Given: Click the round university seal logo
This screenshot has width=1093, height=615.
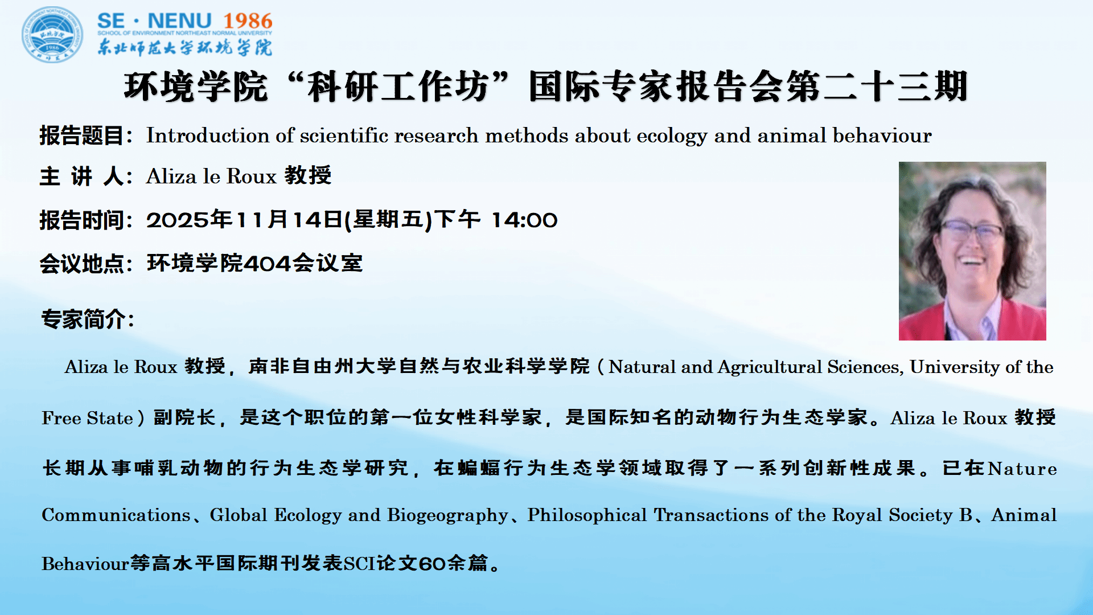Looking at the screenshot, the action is [52, 34].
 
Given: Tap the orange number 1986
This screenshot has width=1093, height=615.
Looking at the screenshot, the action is [248, 21].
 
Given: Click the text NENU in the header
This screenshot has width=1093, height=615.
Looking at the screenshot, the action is [179, 21].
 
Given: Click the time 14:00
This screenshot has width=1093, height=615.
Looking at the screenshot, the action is [524, 220].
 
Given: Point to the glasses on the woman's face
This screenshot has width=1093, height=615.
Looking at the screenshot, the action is [972, 231].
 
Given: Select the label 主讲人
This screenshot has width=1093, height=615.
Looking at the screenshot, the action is [82, 176].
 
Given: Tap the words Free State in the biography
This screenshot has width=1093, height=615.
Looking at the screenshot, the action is [87, 418].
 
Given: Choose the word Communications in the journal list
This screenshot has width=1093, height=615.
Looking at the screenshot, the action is [116, 515].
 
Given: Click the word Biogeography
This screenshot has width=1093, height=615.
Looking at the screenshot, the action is [447, 516].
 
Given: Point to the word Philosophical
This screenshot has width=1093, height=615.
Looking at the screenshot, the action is [587, 515].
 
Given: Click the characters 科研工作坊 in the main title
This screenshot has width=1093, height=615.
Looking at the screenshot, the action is [397, 87].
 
